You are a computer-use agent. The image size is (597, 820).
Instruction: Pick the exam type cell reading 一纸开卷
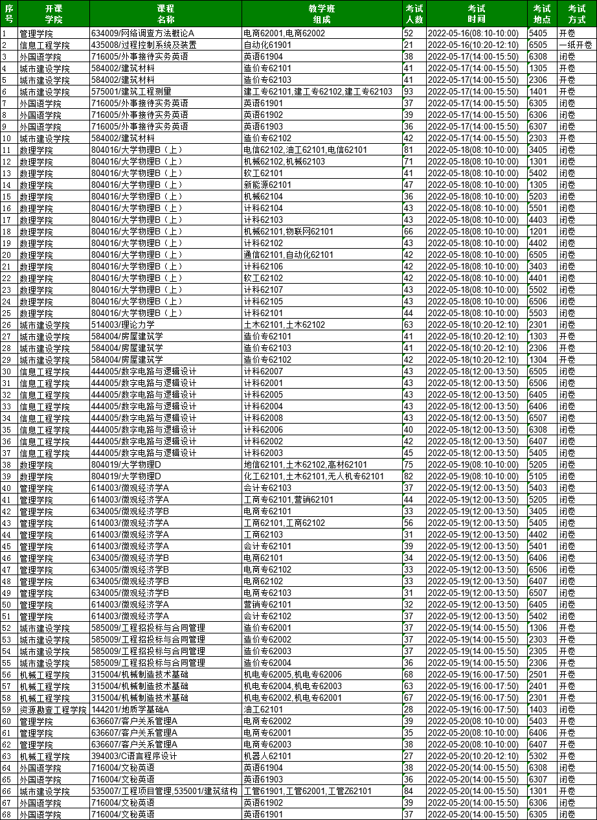576,45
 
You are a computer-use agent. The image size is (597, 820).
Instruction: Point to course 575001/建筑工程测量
131,91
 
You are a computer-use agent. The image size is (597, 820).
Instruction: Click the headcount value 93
409,91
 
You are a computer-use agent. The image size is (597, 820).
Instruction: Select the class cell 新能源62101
267,185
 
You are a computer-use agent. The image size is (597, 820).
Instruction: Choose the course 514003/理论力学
123,325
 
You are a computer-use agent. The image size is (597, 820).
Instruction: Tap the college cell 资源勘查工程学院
52,709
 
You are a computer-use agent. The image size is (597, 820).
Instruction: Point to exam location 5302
538,756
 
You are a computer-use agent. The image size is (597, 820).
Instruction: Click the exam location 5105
538,476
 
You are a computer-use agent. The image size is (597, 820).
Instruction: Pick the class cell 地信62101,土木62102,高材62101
305,464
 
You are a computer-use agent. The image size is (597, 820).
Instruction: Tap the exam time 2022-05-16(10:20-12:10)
473,45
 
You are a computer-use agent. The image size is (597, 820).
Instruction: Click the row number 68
7,814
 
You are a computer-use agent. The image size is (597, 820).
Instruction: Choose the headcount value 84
409,791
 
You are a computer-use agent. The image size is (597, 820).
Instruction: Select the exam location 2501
538,674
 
